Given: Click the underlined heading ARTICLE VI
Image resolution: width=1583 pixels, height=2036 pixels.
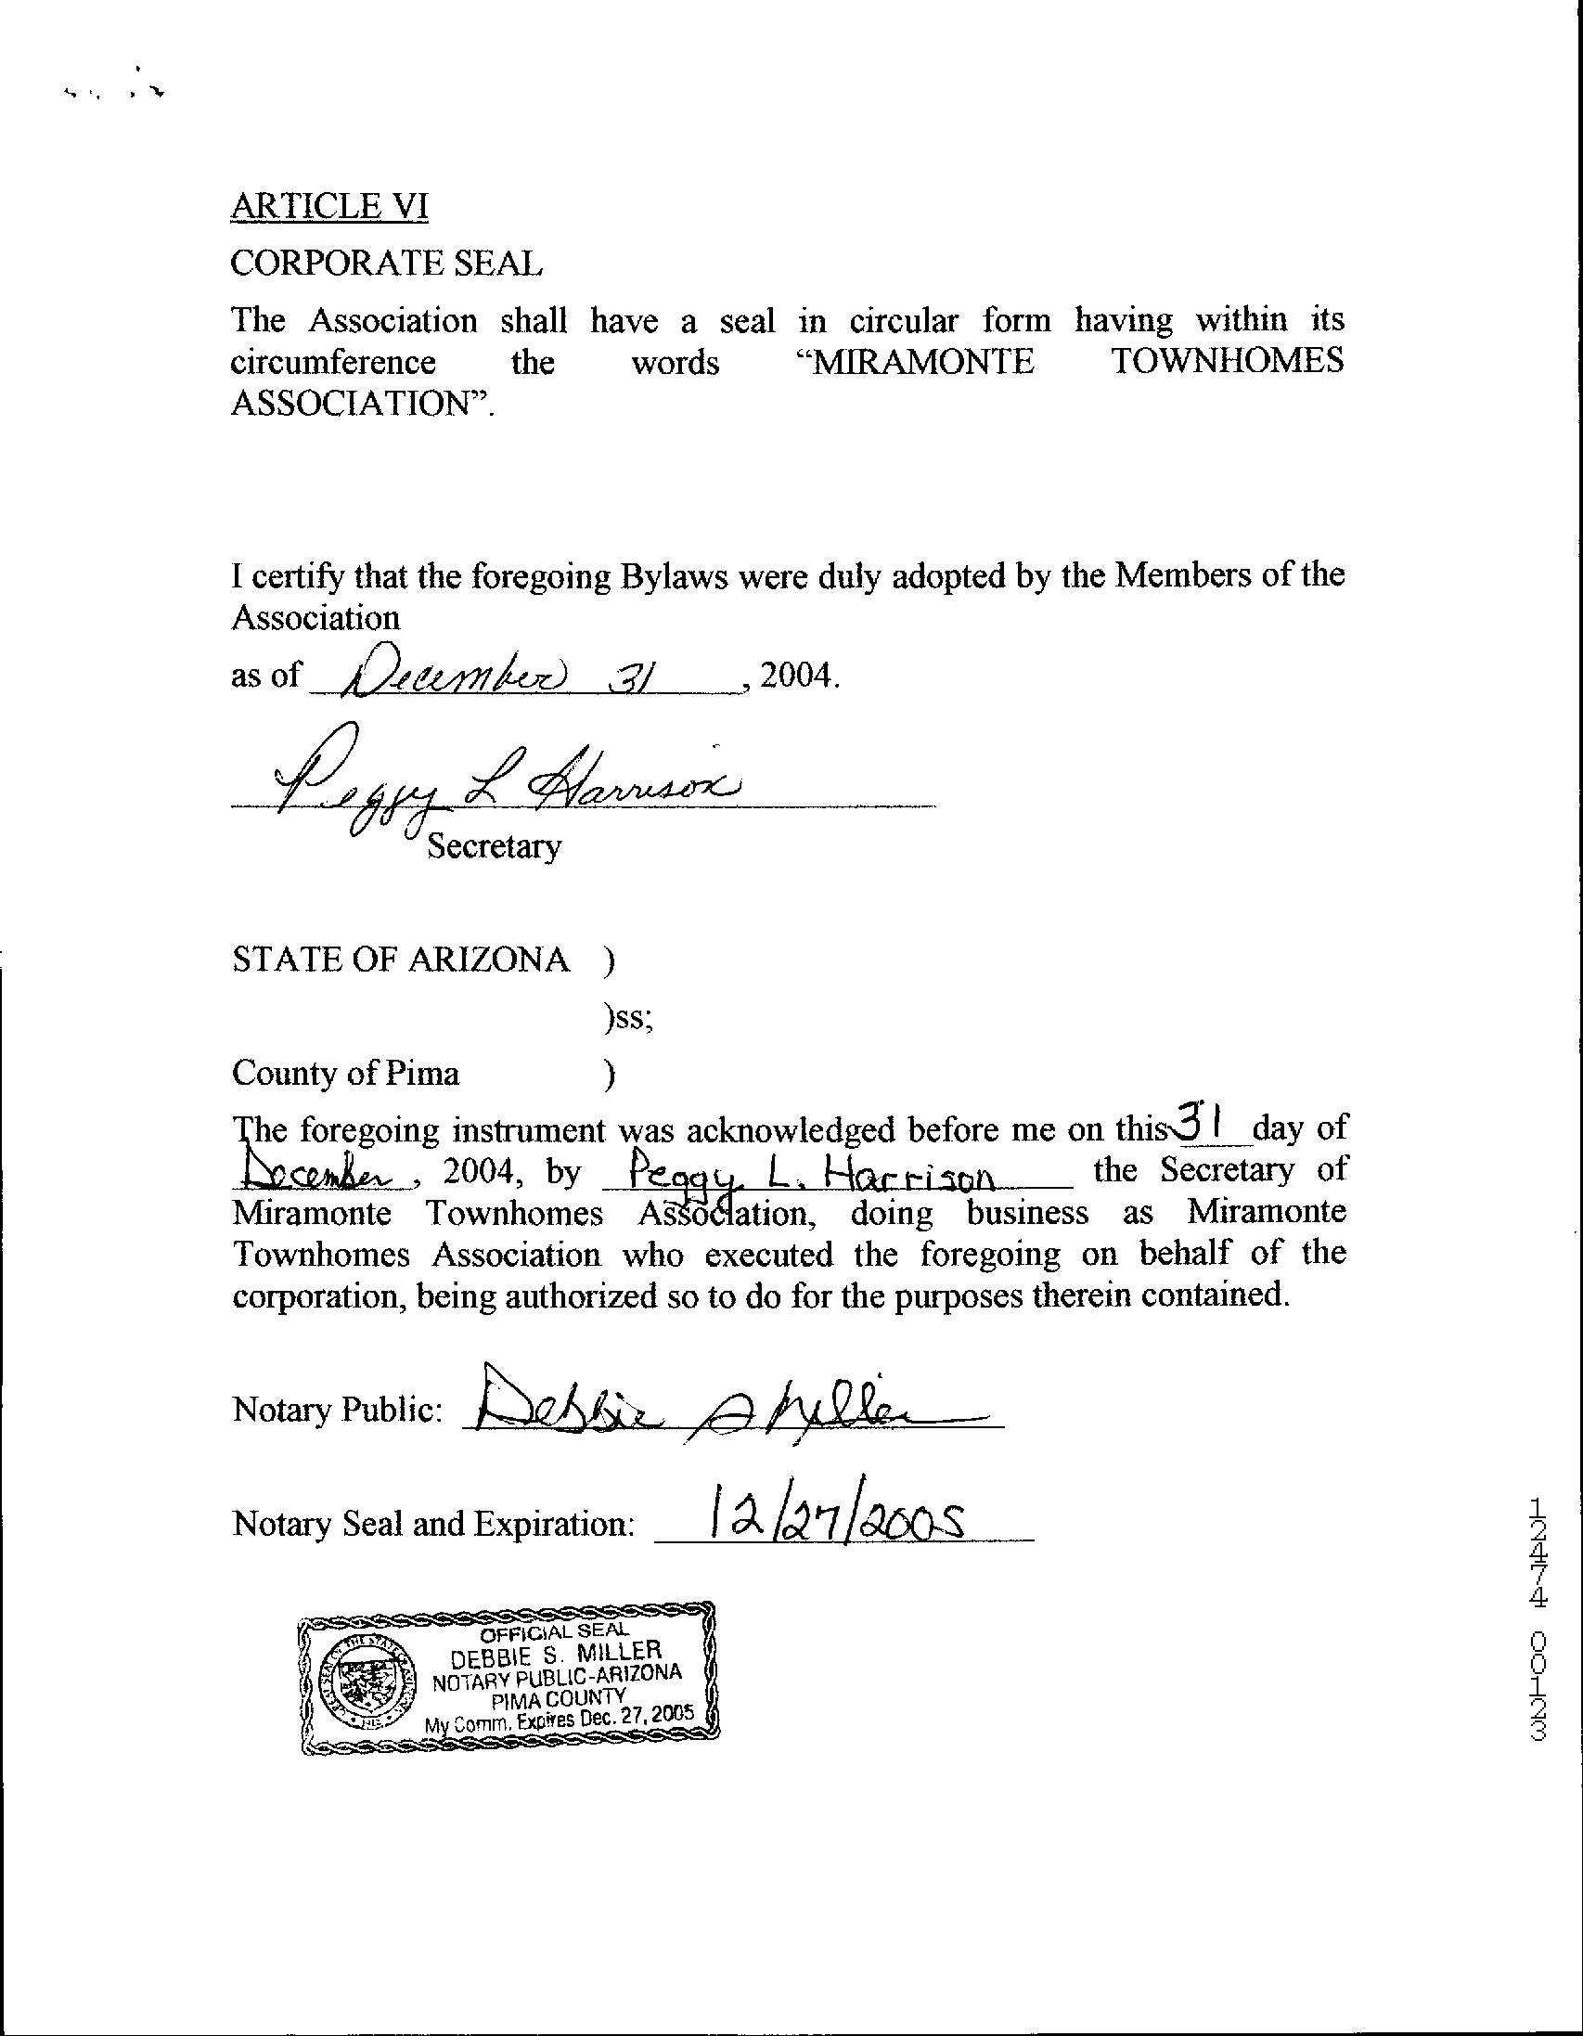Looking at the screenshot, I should (329, 206).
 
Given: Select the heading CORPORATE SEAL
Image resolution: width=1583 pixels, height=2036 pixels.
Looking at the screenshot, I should (386, 264).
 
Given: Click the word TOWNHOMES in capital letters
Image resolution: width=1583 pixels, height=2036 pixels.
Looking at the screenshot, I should (1228, 362).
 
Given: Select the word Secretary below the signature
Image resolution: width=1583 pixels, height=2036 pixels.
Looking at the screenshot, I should (493, 846).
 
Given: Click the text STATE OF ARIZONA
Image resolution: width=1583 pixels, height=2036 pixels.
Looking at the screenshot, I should (400, 960).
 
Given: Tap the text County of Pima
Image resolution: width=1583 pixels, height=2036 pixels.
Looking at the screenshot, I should (345, 1073).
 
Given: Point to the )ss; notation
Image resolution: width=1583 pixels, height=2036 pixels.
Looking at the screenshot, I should (628, 1019).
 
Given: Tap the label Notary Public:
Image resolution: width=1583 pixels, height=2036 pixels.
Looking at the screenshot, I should (337, 1410).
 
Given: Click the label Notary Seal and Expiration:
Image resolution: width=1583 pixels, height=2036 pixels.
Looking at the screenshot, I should (433, 1524).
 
